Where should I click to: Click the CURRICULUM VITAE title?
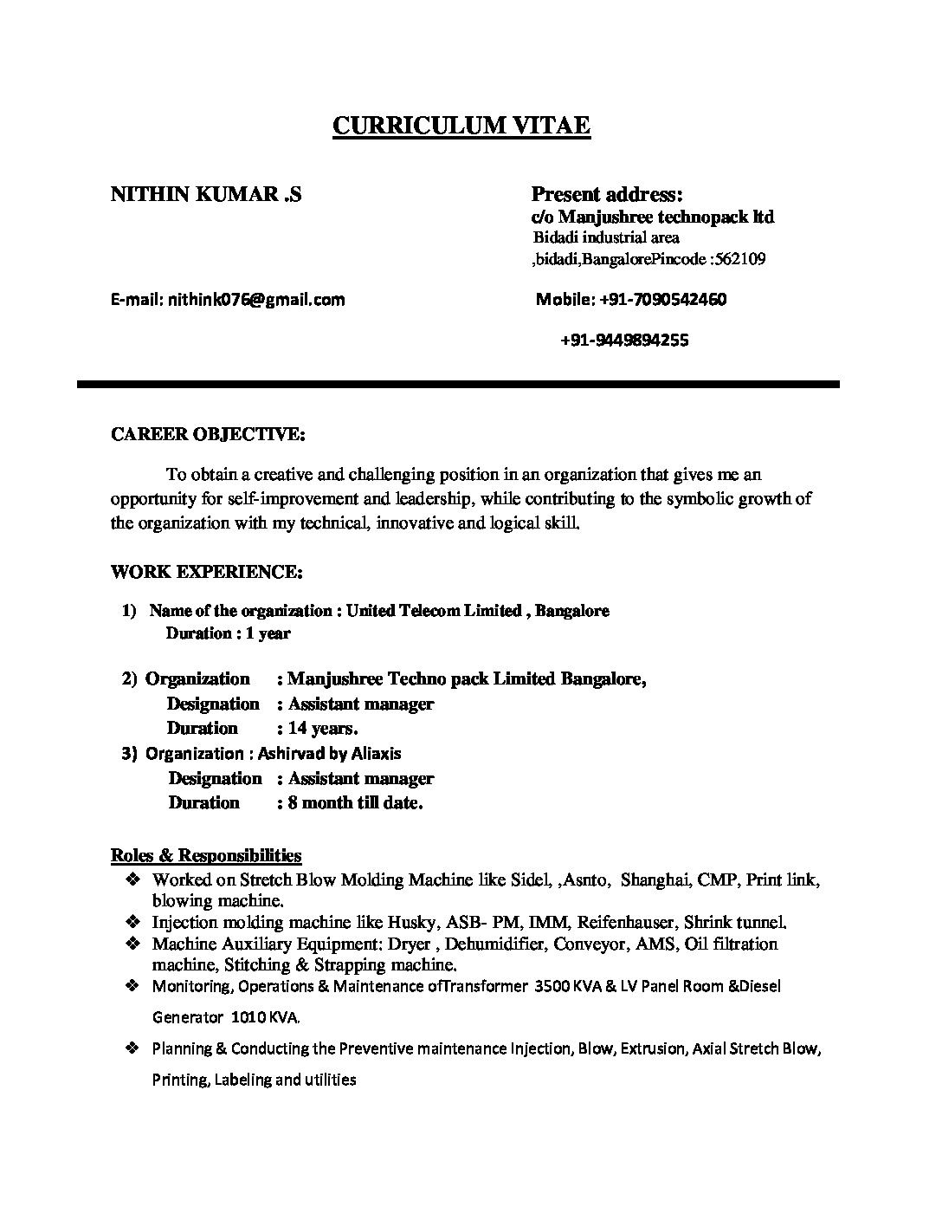(461, 127)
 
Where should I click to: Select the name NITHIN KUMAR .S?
(206, 194)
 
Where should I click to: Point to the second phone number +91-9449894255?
(624, 341)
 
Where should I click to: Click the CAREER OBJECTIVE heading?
(208, 434)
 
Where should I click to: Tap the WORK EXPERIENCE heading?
(207, 572)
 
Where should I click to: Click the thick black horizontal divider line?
(458, 383)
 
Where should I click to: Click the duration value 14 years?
(323, 729)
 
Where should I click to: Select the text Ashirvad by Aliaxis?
(330, 754)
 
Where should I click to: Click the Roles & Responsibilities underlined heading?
(206, 856)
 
